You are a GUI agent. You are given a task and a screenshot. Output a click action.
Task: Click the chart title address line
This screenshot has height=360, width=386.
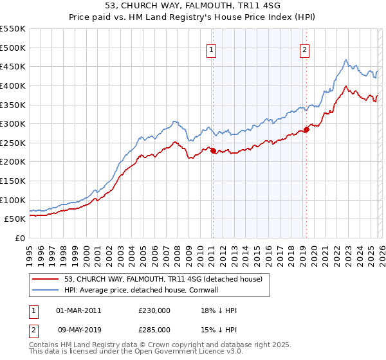(192, 6)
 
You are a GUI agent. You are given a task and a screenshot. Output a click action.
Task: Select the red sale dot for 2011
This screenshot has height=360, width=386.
(213, 151)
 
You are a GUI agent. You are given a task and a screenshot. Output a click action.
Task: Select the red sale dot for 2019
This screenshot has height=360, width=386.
(306, 130)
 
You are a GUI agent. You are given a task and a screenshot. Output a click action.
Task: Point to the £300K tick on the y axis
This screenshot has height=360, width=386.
(13, 123)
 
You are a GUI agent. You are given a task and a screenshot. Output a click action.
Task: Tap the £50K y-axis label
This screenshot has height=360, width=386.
(15, 219)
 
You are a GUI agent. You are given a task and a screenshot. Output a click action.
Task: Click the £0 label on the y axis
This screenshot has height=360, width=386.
(19, 238)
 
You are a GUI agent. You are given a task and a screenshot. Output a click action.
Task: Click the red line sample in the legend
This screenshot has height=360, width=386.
(46, 280)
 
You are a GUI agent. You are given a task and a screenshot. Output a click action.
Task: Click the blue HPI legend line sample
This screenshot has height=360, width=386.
(46, 291)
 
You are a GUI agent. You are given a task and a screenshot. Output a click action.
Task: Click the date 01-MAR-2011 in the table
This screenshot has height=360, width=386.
(78, 310)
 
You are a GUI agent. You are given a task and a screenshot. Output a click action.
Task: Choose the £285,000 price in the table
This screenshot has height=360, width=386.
(154, 330)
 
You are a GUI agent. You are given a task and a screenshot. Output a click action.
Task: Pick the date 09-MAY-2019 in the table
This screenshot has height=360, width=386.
(78, 330)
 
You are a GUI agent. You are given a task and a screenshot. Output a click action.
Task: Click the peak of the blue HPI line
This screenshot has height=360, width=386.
(345, 60)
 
